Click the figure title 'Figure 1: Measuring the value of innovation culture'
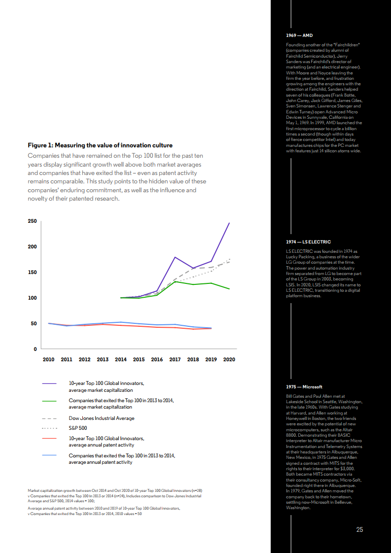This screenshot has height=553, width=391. coord(100,145)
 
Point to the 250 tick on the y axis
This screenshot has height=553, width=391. coord(32,221)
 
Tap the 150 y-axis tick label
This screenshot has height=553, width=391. coord(32,273)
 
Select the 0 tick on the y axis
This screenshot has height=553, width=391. coord(35,349)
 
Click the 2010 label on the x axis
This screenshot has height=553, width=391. coord(48,359)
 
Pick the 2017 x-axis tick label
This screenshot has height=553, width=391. coord(175,359)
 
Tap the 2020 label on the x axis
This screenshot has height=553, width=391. coord(229,359)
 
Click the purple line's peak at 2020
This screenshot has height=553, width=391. coord(229,223)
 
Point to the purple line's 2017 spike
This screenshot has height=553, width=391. coord(175,257)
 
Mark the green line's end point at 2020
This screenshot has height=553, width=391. coord(229,289)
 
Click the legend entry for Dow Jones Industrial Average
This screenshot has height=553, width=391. coord(101,418)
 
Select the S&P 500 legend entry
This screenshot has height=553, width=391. coord(78,428)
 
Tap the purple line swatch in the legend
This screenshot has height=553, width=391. coord(51,383)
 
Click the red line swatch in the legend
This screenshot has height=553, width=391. coord(51,438)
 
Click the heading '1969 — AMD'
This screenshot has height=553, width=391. coord(299,36)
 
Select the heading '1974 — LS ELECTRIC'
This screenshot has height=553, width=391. coord(308,242)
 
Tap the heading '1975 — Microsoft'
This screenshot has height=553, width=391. coord(304,387)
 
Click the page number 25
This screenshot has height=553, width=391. coord(359,529)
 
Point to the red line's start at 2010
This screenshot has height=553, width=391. coord(48,323)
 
